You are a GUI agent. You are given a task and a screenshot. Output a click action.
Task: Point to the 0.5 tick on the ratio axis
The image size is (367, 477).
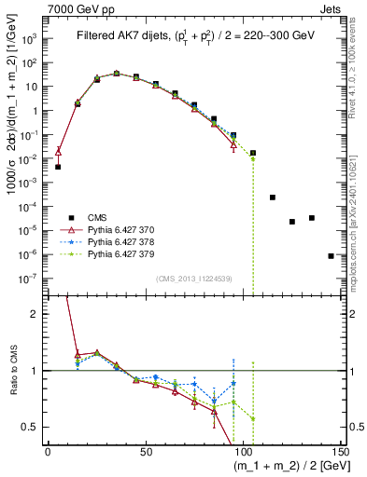coord(33,427)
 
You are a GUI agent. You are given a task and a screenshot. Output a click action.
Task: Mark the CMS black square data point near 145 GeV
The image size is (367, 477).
coord(331,255)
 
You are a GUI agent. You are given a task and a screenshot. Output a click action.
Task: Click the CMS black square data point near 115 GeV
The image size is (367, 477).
coord(272,198)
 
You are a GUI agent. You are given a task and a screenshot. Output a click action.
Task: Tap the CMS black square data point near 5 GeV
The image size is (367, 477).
coord(57,167)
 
